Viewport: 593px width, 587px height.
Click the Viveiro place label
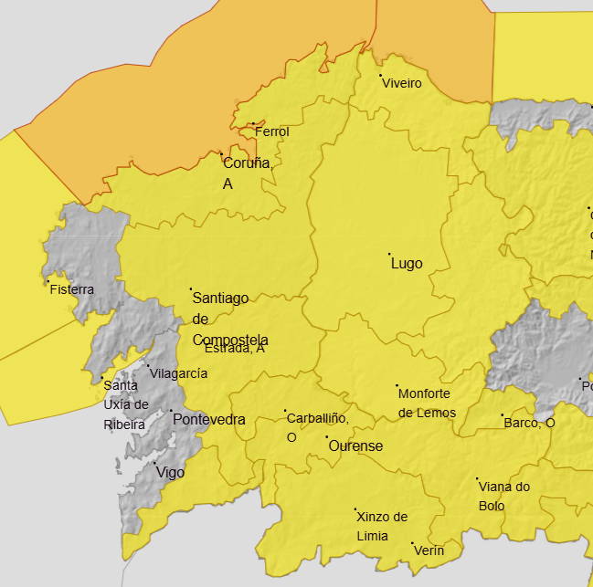[x=402, y=83]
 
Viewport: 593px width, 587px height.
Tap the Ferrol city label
[x=271, y=131]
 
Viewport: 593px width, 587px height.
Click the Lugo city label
[x=407, y=263]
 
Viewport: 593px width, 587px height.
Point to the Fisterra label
[x=72, y=289]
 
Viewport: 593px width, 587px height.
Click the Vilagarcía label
[x=178, y=373]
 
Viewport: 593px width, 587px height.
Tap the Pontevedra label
[x=208, y=420]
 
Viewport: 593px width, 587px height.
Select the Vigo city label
[x=170, y=472]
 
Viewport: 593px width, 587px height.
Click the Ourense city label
[x=355, y=446]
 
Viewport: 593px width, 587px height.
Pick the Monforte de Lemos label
[x=426, y=403]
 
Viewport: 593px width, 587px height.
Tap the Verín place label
[x=429, y=550]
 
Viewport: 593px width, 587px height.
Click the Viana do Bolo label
[x=503, y=496]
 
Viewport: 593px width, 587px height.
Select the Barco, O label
[x=529, y=423]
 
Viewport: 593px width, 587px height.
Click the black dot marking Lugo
[x=389, y=254]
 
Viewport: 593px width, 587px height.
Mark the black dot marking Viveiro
[x=381, y=75]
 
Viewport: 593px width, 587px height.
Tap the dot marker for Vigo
[x=154, y=463]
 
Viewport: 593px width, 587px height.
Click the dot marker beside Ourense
[x=327, y=437]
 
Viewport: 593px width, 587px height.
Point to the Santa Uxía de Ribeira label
[x=125, y=404]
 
